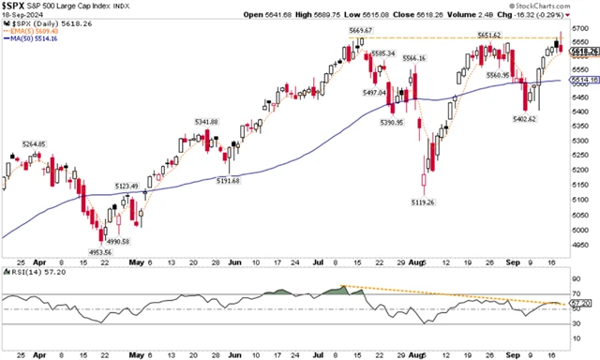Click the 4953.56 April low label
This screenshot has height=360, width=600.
coord(94,252)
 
